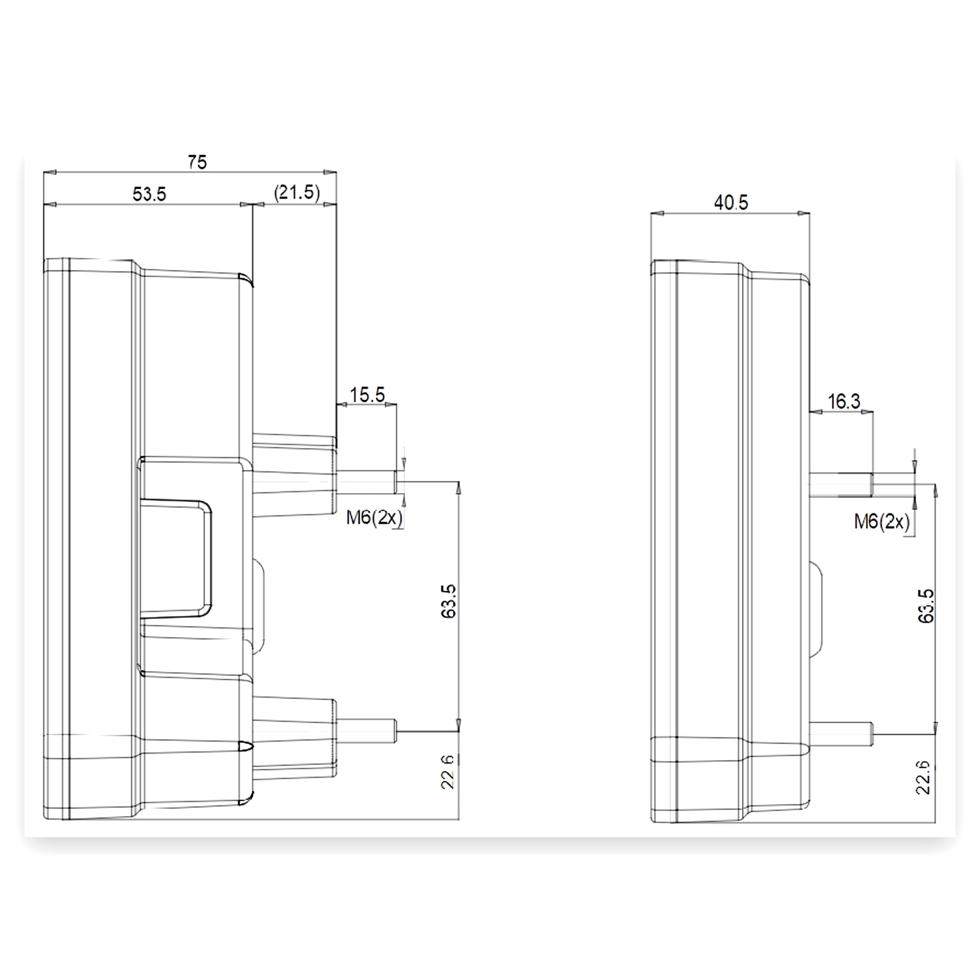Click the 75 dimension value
[197, 162]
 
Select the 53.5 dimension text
[149, 194]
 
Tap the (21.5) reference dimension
[297, 193]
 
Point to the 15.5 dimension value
[367, 394]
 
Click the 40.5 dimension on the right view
[731, 203]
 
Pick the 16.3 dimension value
[844, 401]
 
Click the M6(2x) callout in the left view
[374, 518]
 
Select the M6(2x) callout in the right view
[882, 521]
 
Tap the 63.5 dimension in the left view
[449, 601]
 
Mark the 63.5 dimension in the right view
[926, 606]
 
